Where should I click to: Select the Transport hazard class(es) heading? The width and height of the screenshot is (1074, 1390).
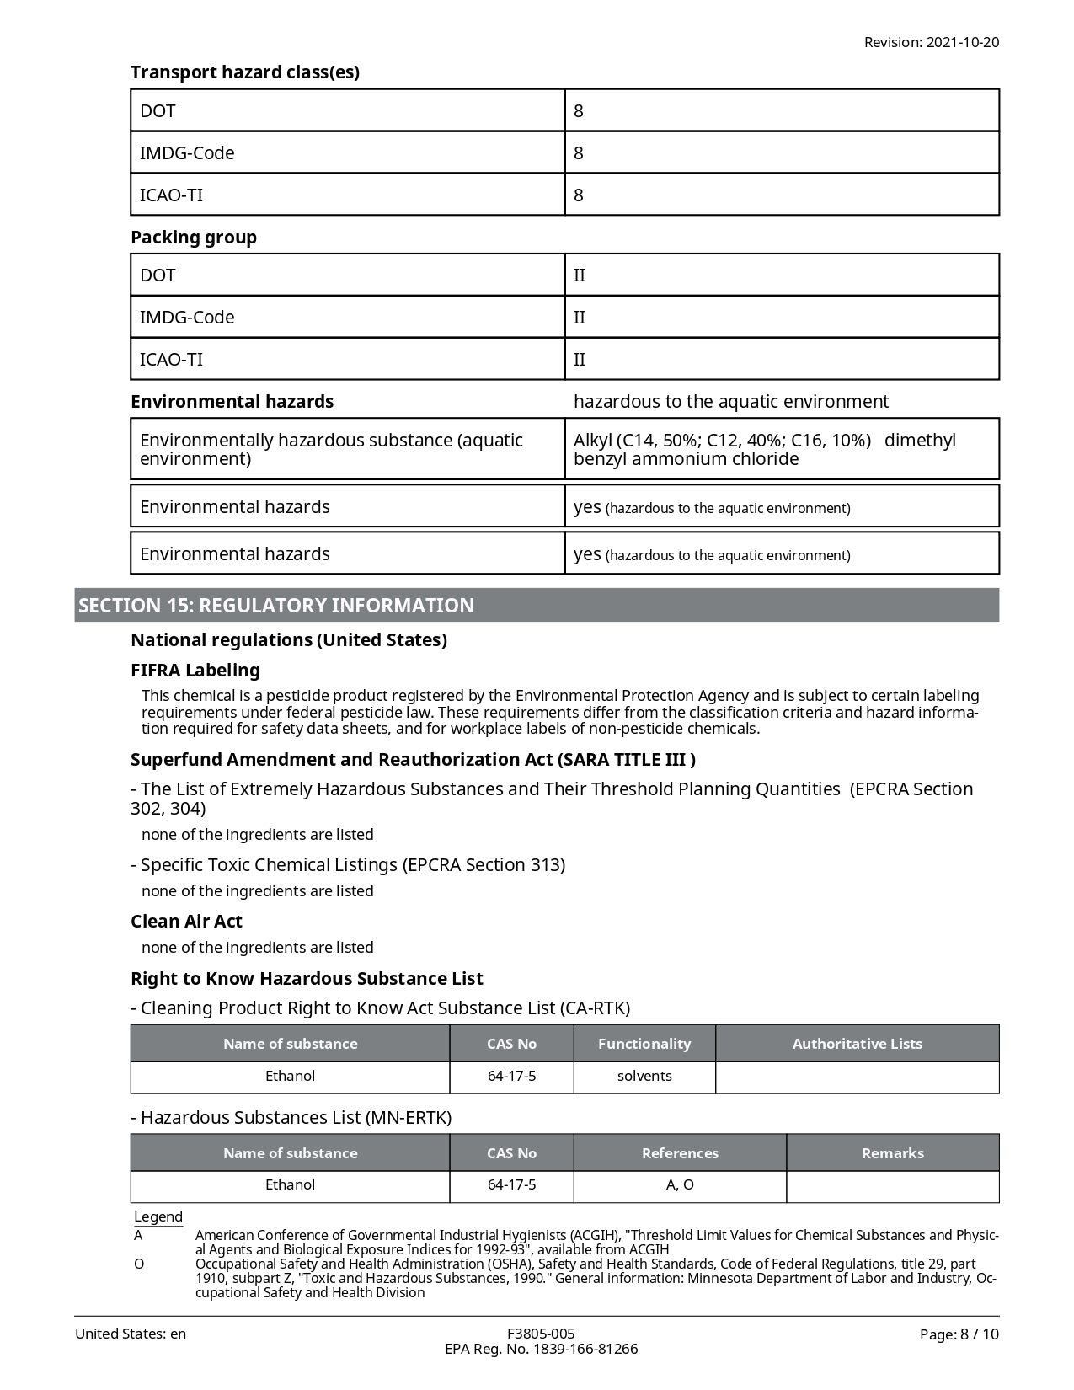(245, 72)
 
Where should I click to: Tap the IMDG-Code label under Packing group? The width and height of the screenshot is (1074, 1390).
(187, 318)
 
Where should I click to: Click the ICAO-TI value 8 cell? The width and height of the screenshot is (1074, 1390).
(781, 195)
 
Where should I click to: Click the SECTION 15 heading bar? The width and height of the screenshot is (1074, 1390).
(537, 606)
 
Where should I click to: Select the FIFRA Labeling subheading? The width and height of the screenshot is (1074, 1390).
(195, 671)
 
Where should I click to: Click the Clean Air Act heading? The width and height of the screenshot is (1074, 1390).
(186, 922)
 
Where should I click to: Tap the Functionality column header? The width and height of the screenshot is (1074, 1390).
(644, 1044)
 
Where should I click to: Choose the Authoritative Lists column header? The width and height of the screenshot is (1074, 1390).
(857, 1044)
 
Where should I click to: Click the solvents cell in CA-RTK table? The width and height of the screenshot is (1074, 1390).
(644, 1077)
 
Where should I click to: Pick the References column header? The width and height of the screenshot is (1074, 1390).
(680, 1153)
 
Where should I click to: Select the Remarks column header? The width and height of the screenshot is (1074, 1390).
(892, 1153)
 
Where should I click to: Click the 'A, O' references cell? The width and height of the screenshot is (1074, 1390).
(680, 1185)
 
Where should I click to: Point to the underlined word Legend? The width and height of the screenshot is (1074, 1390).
(158, 1216)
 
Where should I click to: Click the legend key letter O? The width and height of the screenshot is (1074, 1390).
(139, 1264)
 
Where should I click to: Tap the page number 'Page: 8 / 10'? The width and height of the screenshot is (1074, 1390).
(959, 1334)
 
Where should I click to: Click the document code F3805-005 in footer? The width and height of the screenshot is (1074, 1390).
(541, 1334)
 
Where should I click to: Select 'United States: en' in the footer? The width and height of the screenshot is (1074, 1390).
(131, 1334)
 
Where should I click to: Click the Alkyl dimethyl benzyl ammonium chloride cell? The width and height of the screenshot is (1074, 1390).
(781, 450)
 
